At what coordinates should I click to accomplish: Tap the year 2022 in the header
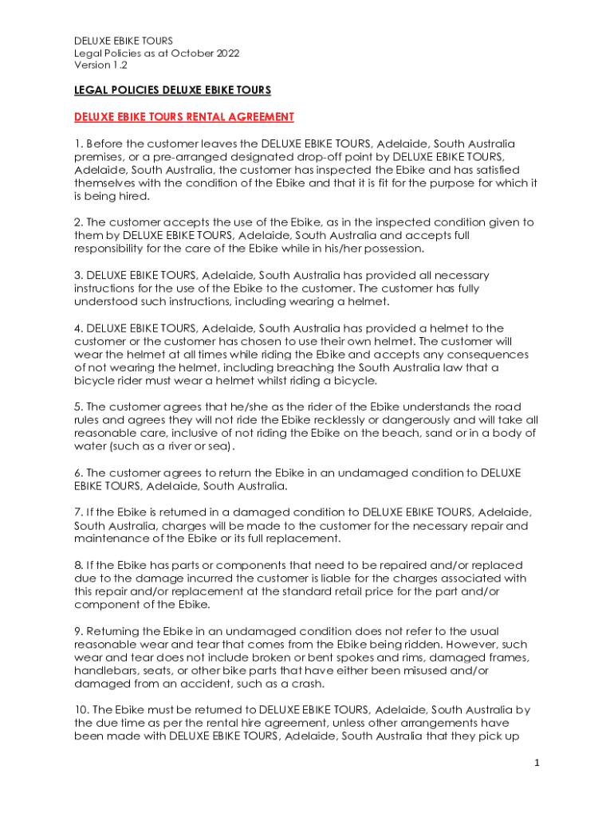(227, 53)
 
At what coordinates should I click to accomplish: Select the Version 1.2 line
(100, 65)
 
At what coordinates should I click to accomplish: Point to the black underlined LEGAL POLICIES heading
(172, 90)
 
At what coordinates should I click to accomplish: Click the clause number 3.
(77, 275)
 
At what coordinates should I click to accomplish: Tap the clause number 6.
(77, 473)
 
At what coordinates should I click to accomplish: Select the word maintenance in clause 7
(111, 539)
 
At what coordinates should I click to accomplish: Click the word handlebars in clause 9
(102, 670)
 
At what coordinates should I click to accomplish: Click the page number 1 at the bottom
(537, 763)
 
